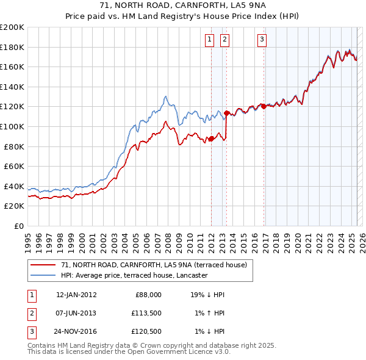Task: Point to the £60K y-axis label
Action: (14, 166)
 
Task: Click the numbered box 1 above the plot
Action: (209, 40)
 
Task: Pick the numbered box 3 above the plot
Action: (262, 40)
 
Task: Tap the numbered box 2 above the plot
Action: (224, 40)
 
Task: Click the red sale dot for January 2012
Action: (211, 139)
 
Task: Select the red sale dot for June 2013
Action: (226, 113)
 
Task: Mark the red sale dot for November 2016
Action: (264, 106)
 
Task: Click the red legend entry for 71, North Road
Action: (154, 265)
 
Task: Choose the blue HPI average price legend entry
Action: (134, 275)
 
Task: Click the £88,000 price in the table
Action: (148, 295)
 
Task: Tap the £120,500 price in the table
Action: (146, 331)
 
